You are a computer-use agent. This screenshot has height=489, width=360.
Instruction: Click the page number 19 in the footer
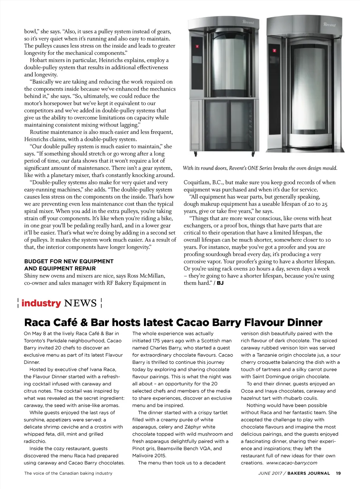tap(338, 473)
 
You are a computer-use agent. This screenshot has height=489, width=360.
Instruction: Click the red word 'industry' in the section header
tap(41, 303)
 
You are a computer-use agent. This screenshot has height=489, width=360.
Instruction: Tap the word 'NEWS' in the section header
tap(81, 303)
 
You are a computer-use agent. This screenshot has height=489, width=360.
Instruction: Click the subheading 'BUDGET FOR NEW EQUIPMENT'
tap(69, 261)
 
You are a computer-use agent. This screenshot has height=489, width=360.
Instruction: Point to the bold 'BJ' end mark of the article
tap(220, 283)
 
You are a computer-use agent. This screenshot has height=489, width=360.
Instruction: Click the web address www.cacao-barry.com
tap(292, 463)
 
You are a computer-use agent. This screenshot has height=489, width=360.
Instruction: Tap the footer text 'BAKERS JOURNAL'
tap(309, 473)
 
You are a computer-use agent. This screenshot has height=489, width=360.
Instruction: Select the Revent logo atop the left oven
tap(248, 22)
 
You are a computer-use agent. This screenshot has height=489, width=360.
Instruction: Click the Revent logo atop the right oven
tap(329, 25)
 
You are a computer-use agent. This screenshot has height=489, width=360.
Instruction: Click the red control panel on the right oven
tap(274, 51)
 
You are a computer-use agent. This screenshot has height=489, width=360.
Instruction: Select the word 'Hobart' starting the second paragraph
tap(38, 60)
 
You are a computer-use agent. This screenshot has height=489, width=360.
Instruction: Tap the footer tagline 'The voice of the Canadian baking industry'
tap(68, 473)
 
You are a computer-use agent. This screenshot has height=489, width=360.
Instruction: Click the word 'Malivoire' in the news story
tap(144, 456)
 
